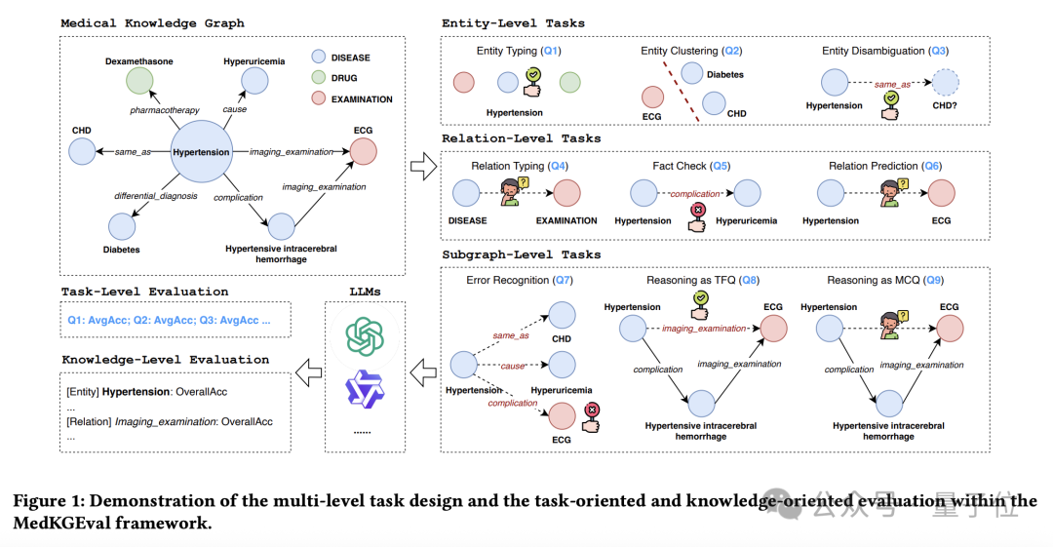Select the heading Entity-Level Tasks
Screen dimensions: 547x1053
513,23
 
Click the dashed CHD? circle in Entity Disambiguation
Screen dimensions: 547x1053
945,83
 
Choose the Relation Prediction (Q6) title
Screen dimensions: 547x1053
886,166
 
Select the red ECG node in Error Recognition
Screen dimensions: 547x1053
563,416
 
